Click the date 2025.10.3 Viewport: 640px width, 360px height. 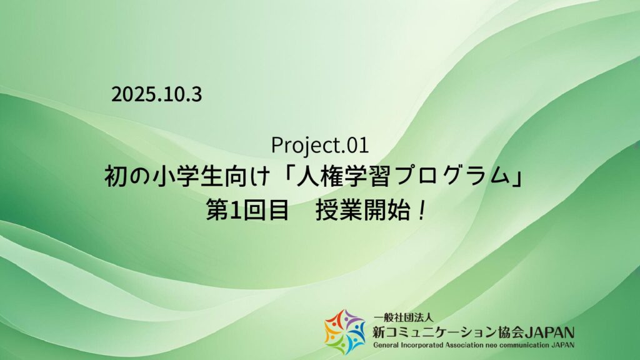coord(157,94)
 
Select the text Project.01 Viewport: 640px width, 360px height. coord(320,145)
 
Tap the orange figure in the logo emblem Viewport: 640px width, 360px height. coord(330,332)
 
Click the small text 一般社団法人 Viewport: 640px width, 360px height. coord(403,317)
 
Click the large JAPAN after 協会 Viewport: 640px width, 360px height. coord(549,332)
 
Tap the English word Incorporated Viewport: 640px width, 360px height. coord(422,345)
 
